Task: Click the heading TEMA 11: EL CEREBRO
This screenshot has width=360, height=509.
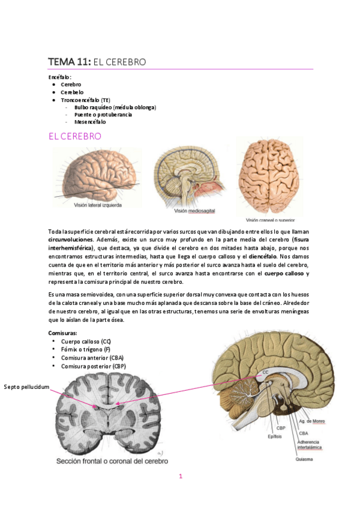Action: (97, 62)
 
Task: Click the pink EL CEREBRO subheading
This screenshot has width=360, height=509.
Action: (74, 137)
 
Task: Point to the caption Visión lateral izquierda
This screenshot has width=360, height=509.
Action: (98, 205)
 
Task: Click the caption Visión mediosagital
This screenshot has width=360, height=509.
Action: (194, 211)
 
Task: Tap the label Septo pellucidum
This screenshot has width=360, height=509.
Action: (26, 387)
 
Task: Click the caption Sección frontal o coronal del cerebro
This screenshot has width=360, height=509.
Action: (112, 462)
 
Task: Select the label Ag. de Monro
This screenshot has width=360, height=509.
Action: (312, 421)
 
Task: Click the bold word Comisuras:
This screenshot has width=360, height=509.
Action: (62, 333)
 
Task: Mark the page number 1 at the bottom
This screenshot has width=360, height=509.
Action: (180, 477)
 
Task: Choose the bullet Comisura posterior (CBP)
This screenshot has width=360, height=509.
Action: (94, 366)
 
